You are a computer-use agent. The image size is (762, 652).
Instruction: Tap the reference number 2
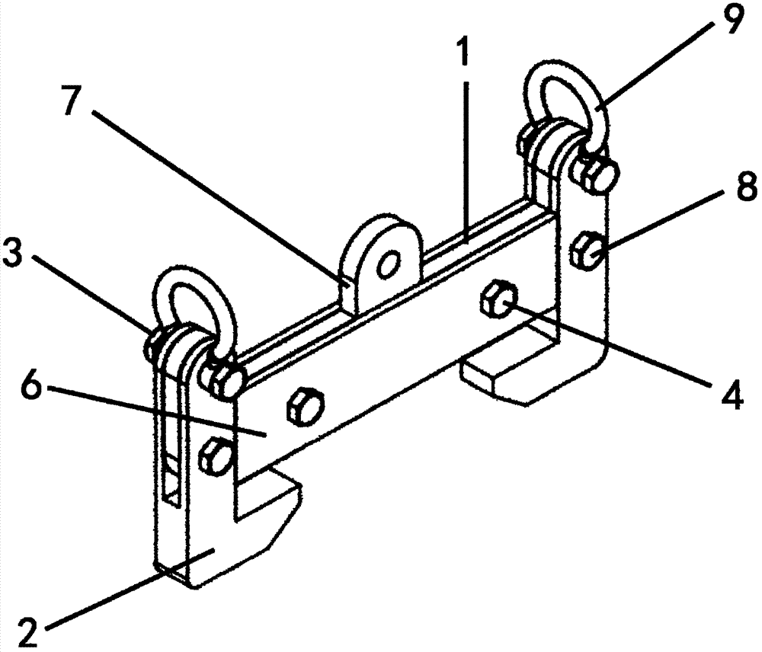coord(28,631)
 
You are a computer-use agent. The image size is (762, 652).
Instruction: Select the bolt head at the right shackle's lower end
coord(597,174)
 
